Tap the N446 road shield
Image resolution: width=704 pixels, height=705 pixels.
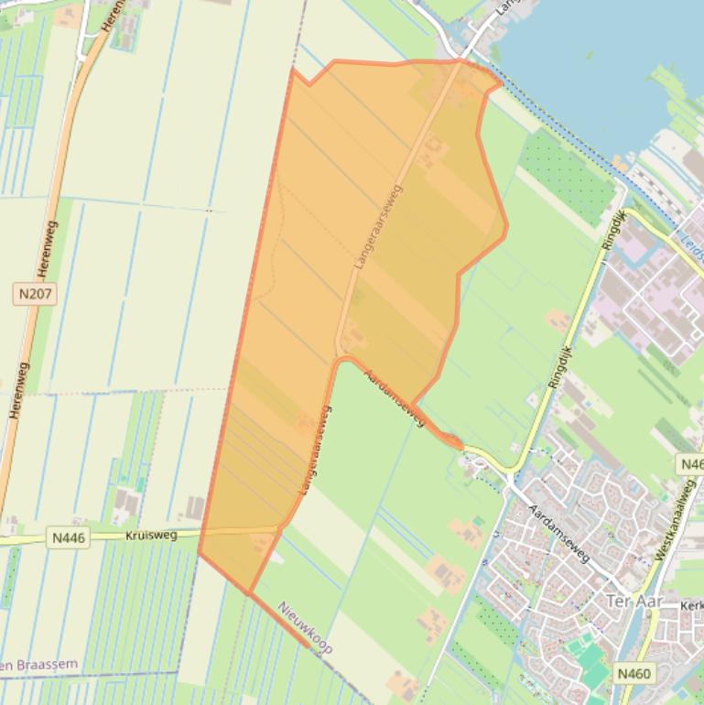[x=69, y=537]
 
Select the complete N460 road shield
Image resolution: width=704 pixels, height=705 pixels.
[x=634, y=674]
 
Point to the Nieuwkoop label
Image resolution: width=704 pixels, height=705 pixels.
[x=305, y=627]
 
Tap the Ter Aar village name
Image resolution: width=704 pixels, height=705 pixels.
[x=634, y=601]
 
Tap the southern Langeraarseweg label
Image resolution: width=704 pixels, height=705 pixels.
[x=314, y=451]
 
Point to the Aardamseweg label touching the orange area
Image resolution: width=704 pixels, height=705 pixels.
[x=395, y=397]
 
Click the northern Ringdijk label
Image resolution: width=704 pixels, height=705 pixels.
[x=612, y=230]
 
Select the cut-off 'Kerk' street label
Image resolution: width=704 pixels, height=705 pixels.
[x=692, y=606]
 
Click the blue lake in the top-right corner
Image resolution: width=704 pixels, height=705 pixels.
[x=604, y=55]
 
